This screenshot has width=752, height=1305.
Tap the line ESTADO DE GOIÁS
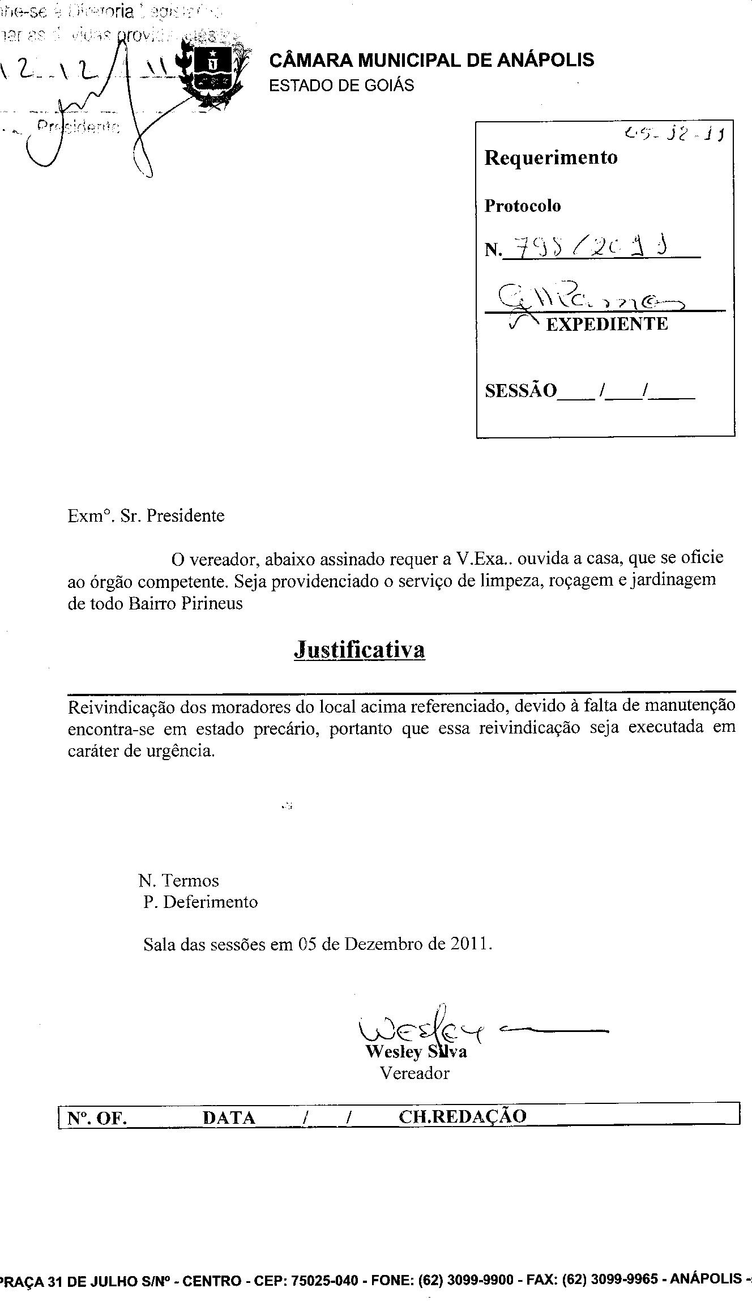(x=341, y=86)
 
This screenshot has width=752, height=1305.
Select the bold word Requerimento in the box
(x=550, y=157)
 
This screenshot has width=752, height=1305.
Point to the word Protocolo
(x=522, y=206)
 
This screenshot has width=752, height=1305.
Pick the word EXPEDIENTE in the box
(x=606, y=324)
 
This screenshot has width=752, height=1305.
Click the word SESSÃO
(x=520, y=390)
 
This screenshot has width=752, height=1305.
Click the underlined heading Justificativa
(x=359, y=650)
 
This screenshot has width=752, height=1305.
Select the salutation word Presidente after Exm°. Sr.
(x=185, y=516)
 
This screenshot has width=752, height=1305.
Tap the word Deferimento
(x=210, y=902)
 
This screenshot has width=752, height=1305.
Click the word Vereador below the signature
(x=415, y=1073)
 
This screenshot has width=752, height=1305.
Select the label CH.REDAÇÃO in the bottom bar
(x=462, y=1116)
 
